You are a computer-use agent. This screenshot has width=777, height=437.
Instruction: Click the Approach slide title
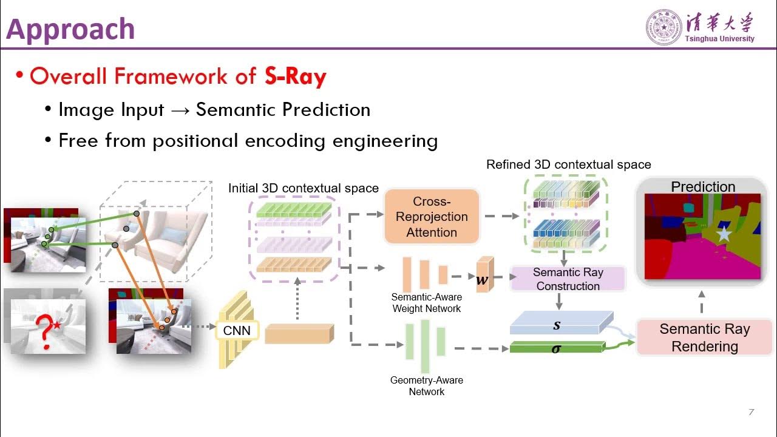(70, 29)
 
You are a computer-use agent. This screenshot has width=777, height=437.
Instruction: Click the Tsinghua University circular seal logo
(663, 27)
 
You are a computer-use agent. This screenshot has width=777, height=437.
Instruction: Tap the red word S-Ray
(296, 76)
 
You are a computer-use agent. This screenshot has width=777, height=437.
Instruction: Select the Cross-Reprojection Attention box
(432, 217)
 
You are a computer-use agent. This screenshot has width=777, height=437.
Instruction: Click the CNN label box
(237, 331)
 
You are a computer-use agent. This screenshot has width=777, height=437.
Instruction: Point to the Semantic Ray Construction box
(568, 279)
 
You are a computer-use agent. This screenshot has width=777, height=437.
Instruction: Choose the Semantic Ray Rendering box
(704, 337)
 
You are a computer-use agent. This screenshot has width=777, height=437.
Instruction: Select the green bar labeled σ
(556, 348)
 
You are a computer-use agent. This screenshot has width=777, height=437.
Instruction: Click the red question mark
(43, 331)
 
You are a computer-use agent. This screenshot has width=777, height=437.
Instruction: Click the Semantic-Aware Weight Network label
(426, 303)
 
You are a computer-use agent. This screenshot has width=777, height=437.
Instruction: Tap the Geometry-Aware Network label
(426, 386)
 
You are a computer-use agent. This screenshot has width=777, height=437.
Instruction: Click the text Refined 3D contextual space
(568, 164)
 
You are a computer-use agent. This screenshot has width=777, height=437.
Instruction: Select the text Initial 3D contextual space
(303, 188)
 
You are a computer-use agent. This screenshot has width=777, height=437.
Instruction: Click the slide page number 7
(751, 413)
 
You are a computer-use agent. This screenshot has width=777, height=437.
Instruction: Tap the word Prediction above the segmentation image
(703, 187)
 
